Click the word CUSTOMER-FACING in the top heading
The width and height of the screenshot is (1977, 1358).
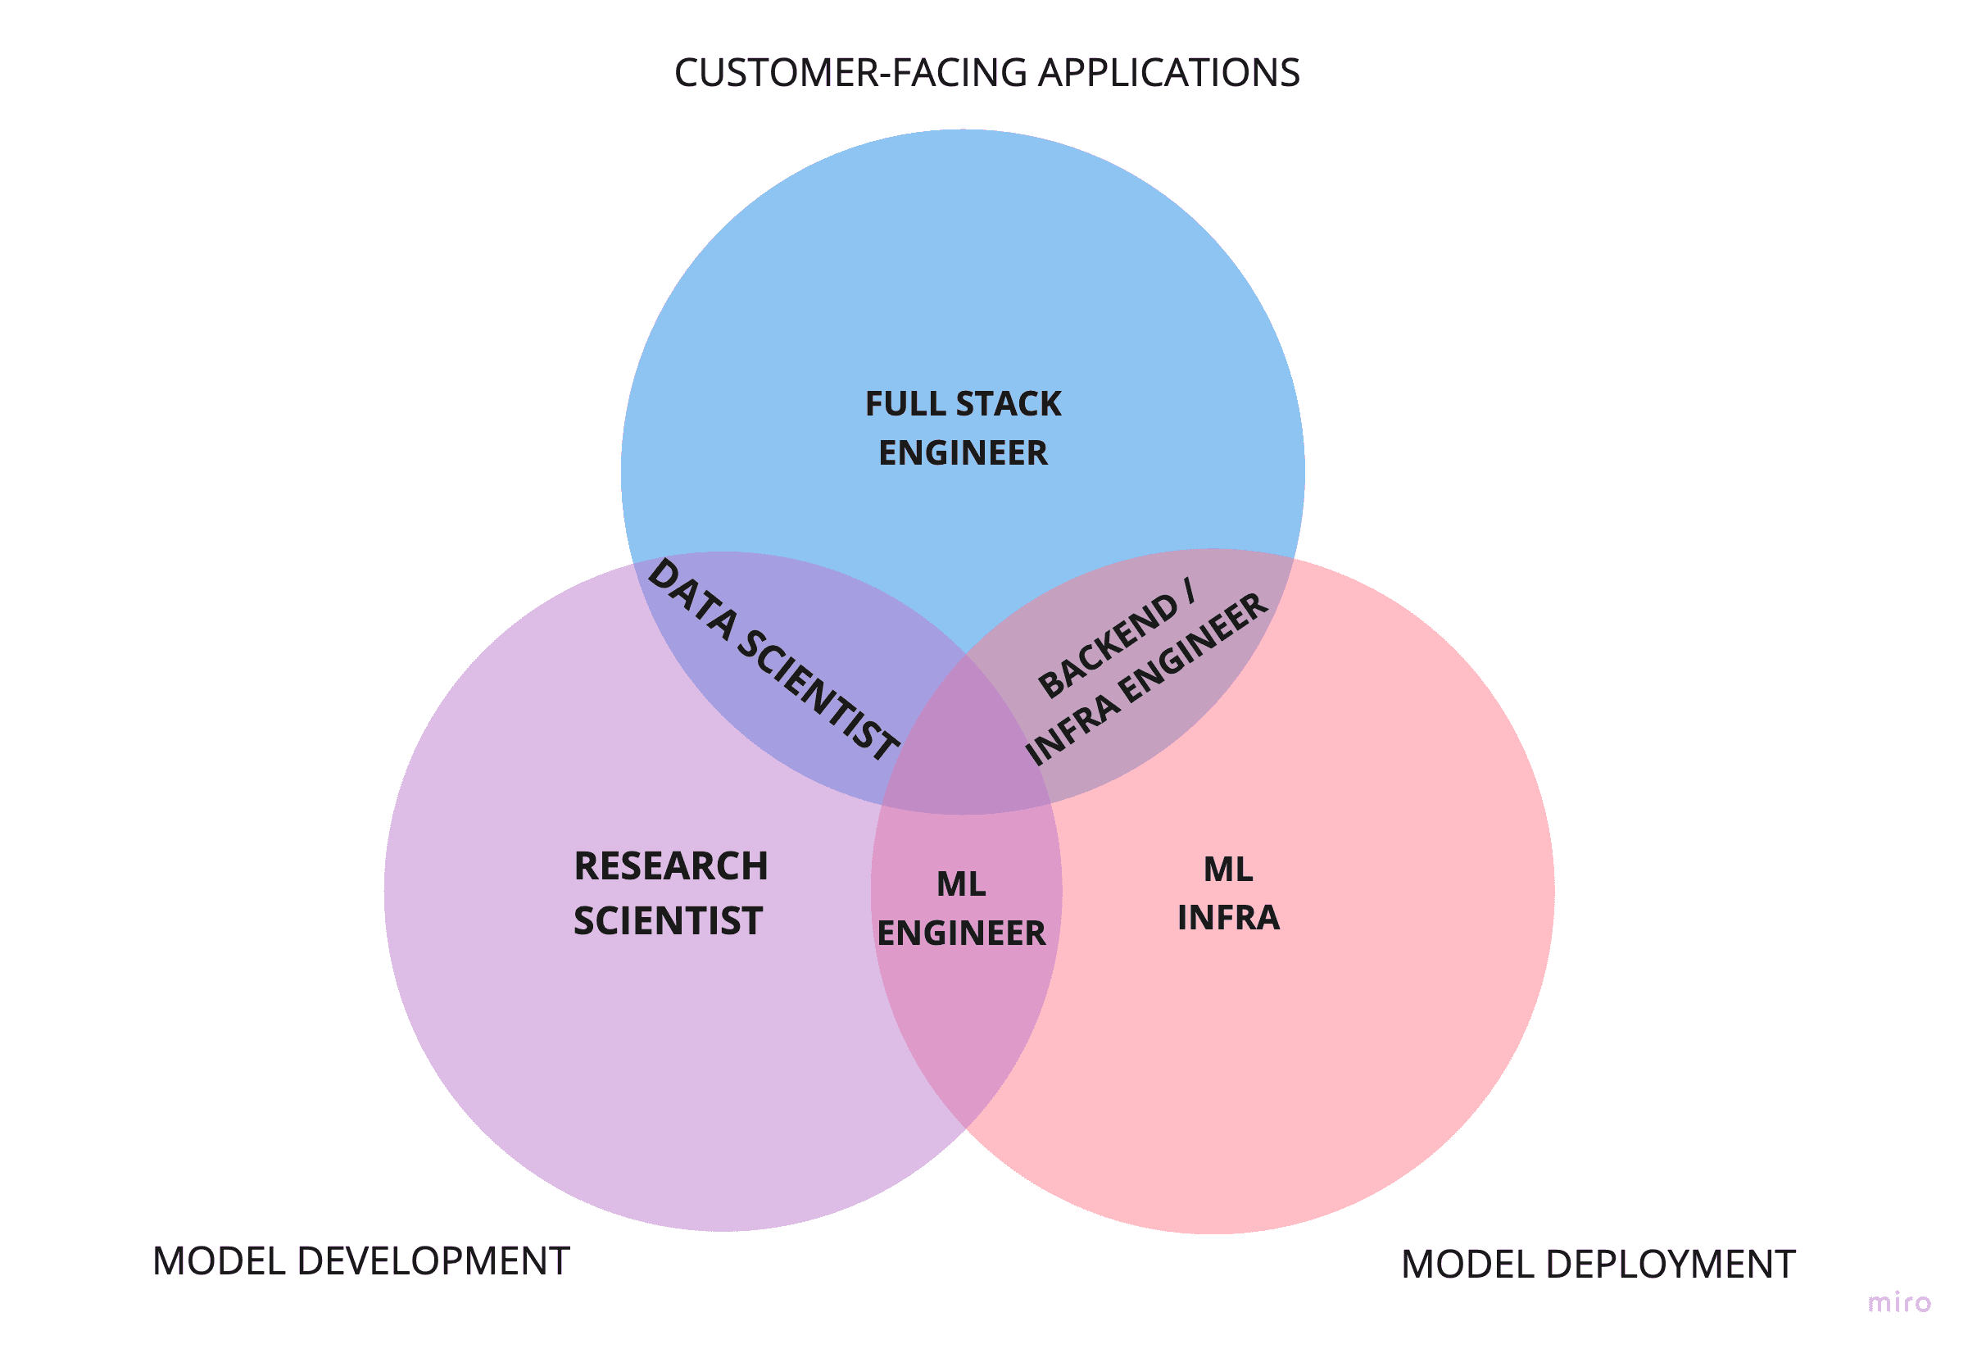point(851,73)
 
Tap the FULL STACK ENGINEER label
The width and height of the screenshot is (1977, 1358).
point(963,428)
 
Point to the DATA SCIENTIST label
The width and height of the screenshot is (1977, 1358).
point(773,660)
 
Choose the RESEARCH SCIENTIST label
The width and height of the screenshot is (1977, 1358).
point(670,893)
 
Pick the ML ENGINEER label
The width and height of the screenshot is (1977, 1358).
point(961,909)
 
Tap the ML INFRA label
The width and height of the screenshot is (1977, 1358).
point(1228,893)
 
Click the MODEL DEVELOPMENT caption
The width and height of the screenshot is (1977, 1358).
point(360,1261)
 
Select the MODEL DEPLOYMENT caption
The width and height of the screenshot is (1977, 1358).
point(1598,1265)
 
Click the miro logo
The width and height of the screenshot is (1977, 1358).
point(1898,1303)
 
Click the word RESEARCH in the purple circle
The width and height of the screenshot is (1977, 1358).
point(671,866)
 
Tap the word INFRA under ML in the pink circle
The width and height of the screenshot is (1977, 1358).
point(1228,918)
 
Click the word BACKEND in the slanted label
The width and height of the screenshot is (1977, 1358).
point(1107,644)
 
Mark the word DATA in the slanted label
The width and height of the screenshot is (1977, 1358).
point(691,599)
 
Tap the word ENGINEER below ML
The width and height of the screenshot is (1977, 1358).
point(961,933)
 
